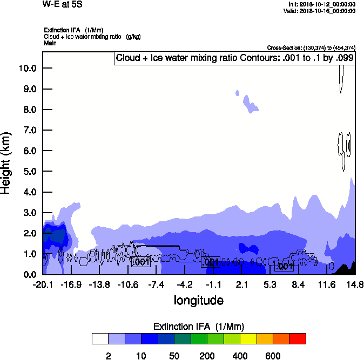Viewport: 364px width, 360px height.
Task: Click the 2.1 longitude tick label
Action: [241, 284]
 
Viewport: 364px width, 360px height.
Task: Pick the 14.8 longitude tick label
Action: [355, 284]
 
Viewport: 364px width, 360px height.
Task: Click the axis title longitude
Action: [198, 300]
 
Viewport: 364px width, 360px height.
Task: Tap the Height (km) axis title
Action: [6, 162]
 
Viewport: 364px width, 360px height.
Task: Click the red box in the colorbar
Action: [298, 338]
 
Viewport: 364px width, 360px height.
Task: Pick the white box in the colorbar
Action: [100, 338]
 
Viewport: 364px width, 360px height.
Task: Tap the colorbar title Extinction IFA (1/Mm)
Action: [199, 327]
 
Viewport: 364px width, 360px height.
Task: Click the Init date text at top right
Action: [322, 4]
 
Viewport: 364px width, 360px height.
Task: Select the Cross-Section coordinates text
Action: [311, 48]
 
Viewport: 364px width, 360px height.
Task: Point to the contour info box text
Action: [235, 58]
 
